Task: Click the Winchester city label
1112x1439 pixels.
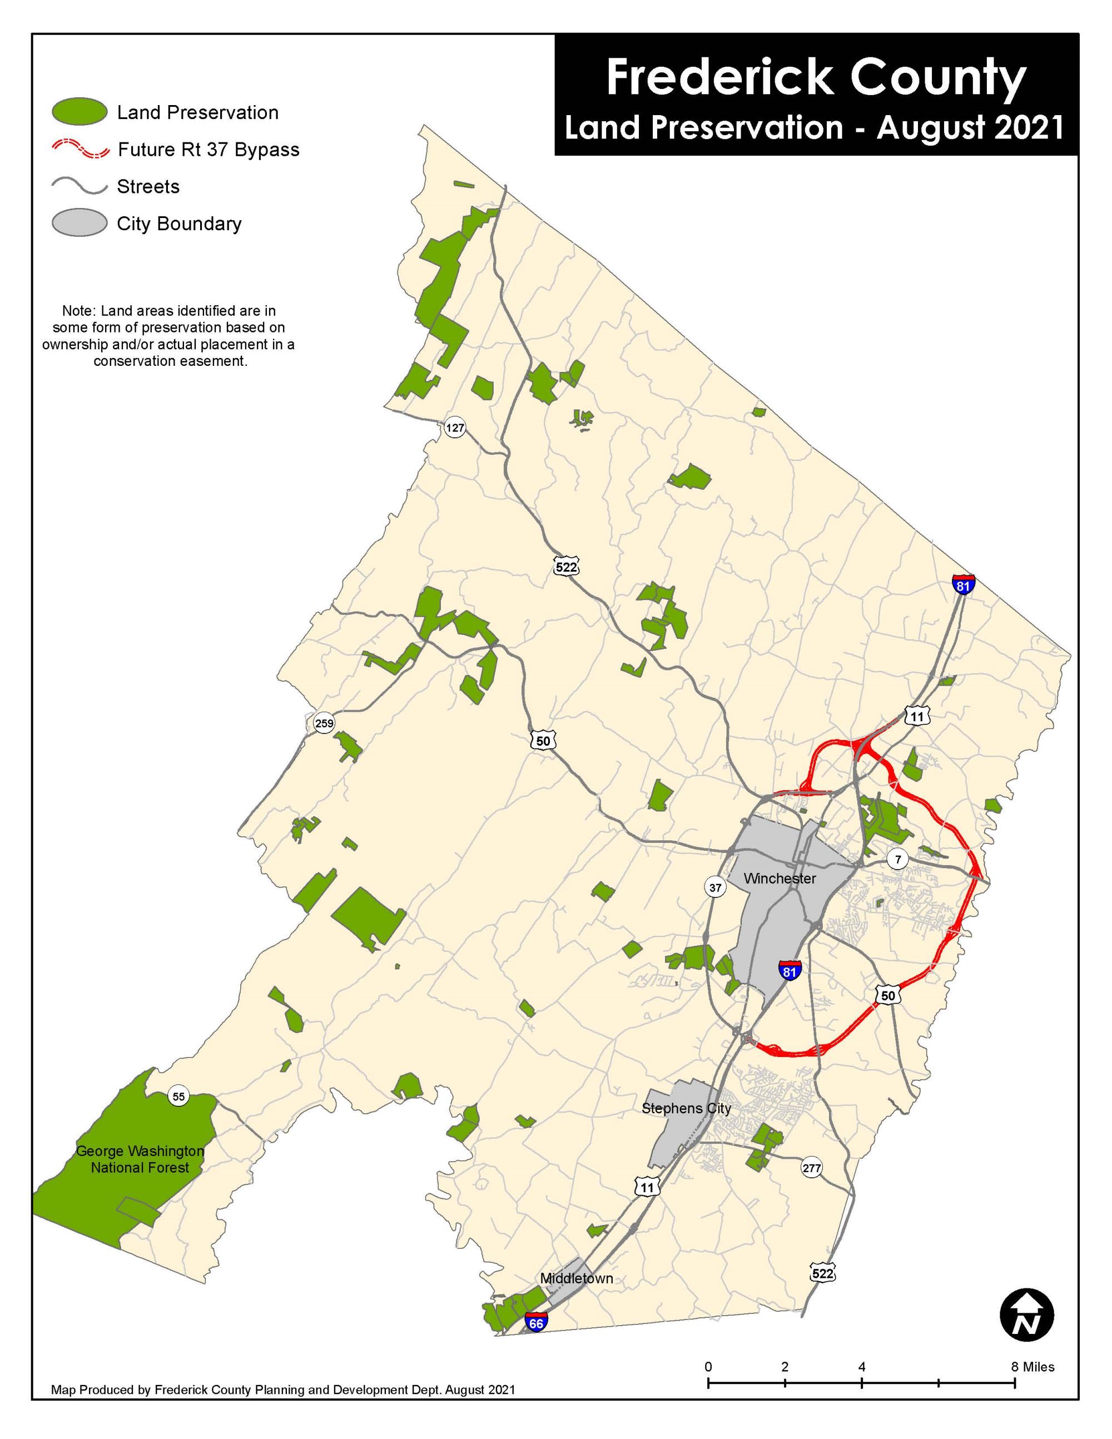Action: (x=780, y=879)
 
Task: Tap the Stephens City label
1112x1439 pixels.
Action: (x=687, y=1108)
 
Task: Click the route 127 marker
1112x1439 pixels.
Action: (x=455, y=428)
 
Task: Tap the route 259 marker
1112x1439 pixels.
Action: (x=324, y=723)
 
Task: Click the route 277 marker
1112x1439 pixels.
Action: (x=812, y=1169)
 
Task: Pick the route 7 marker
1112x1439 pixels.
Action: (x=897, y=859)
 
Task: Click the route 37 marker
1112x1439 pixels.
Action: (x=716, y=887)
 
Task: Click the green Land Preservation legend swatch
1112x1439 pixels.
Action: (x=80, y=112)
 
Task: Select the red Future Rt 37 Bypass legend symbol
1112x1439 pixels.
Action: (x=80, y=149)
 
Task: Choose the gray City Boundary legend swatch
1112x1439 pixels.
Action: (x=80, y=224)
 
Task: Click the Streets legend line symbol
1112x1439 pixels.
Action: (x=80, y=186)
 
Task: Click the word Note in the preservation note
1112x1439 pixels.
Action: (x=76, y=310)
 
